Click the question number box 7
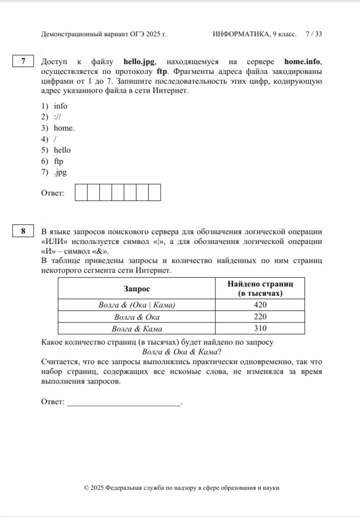23,62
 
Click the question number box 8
23,232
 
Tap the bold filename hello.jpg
139,62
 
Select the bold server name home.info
303,62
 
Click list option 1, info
61,106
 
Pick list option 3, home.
64,128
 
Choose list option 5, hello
62,150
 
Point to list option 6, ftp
59,161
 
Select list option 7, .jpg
60,172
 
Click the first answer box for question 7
81,193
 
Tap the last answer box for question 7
154,193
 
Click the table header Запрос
137,289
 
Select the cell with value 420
260,305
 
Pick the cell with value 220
260,317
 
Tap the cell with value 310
260,328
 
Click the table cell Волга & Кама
137,328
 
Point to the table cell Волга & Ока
137,317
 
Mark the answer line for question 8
123,403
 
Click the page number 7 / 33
314,34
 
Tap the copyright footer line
182,488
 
